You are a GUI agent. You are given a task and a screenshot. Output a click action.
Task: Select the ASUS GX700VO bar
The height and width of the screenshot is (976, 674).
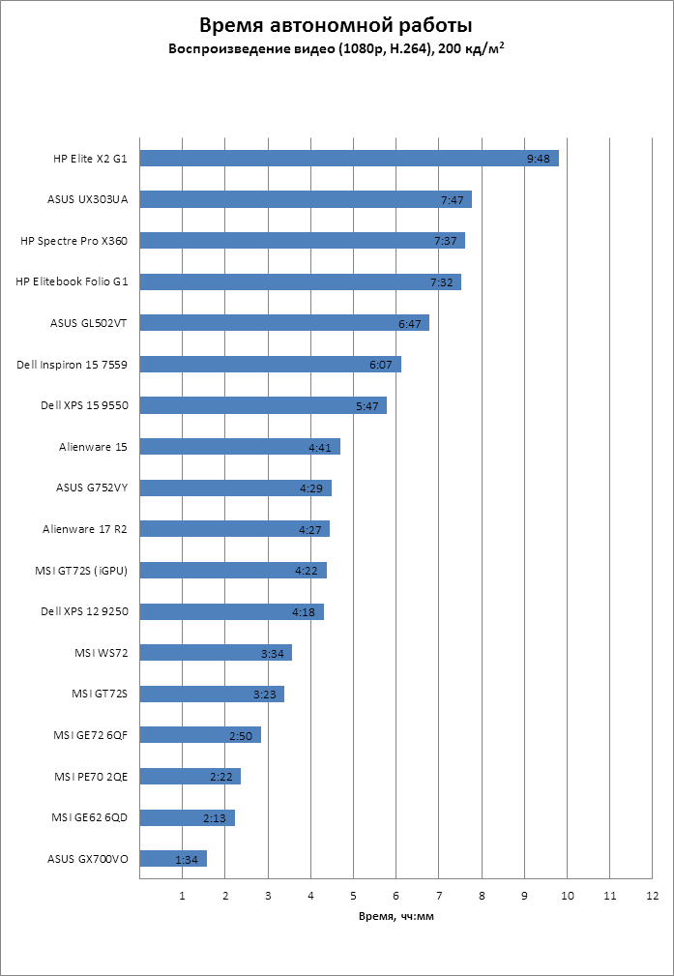pyautogui.click(x=173, y=858)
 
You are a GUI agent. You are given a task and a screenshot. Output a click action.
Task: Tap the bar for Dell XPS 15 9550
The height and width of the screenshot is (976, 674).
pyautogui.click(x=263, y=405)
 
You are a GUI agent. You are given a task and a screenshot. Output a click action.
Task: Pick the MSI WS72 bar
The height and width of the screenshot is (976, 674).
pyautogui.click(x=216, y=653)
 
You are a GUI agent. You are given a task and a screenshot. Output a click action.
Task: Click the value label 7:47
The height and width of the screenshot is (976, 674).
pyautogui.click(x=453, y=200)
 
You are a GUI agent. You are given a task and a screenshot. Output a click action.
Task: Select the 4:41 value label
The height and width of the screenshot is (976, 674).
pyautogui.click(x=321, y=447)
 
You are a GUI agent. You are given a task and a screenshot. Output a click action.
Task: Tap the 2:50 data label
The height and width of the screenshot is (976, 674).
pyautogui.click(x=241, y=735)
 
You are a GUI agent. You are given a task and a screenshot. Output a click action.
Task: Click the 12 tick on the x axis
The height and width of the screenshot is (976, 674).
pyautogui.click(x=653, y=896)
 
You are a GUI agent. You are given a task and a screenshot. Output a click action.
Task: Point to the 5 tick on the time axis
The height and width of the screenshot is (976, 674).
pyautogui.click(x=353, y=896)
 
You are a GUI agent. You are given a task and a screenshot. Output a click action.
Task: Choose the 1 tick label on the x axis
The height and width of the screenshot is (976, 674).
pyautogui.click(x=182, y=896)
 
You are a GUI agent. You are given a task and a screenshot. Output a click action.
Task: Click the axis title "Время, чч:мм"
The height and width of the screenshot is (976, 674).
pyautogui.click(x=396, y=915)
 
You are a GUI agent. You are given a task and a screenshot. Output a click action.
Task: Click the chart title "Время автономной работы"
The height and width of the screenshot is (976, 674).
pyautogui.click(x=337, y=25)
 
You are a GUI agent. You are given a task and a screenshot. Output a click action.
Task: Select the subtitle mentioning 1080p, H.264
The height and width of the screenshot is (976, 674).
pyautogui.click(x=337, y=47)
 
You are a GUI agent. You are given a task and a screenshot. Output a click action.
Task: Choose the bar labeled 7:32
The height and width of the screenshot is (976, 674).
pyautogui.click(x=300, y=281)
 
